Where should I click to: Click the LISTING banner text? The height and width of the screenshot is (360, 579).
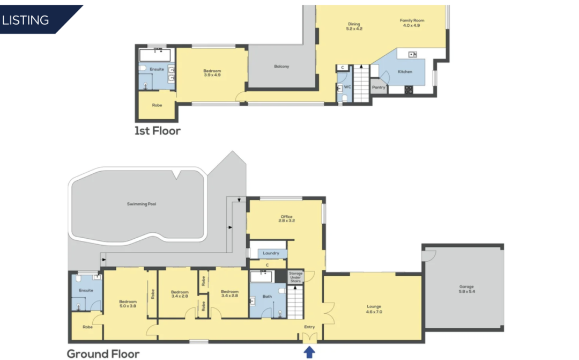(26, 20)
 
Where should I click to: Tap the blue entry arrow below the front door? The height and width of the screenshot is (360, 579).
(309, 352)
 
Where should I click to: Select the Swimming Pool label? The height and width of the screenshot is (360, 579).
(142, 204)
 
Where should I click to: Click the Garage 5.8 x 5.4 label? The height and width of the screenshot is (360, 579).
(467, 289)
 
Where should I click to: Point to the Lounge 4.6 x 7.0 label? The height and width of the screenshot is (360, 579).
(374, 309)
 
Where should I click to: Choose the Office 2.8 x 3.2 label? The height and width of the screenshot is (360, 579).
(286, 218)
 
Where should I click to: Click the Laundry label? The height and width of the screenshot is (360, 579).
(271, 253)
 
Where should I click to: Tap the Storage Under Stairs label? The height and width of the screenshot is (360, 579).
(295, 277)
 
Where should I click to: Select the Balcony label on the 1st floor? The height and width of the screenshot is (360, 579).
(281, 67)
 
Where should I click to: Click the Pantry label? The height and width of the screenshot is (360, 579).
(378, 87)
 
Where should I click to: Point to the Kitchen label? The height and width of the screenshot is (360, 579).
(405, 72)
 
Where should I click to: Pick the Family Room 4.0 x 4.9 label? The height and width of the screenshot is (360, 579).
(412, 23)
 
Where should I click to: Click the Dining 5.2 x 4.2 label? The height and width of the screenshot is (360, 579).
(354, 26)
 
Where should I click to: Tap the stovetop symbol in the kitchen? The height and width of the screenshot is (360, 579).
(409, 90)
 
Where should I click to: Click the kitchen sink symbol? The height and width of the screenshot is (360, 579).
(412, 54)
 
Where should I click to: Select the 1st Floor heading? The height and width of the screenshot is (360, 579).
(157, 131)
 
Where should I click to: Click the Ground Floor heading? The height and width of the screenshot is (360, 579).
(103, 354)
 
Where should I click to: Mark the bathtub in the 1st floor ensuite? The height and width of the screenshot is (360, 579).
(155, 55)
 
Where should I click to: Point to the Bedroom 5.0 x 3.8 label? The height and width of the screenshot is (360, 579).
(128, 304)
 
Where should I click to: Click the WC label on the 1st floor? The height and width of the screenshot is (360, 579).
(347, 87)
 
